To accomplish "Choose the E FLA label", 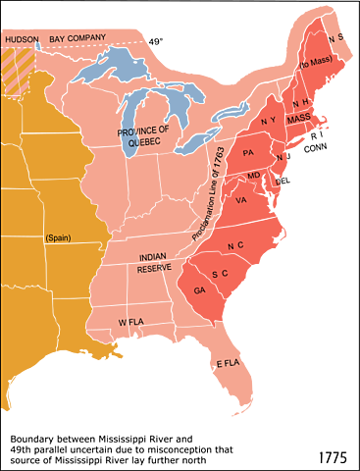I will (228, 363).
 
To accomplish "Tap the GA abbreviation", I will (200, 291).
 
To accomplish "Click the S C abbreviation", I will (220, 273).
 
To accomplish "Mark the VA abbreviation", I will (241, 200).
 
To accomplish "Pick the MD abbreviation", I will (254, 176).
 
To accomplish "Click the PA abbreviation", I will (248, 153).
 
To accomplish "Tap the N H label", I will (299, 102).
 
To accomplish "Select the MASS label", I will (300, 118).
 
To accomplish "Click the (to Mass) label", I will (314, 63).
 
